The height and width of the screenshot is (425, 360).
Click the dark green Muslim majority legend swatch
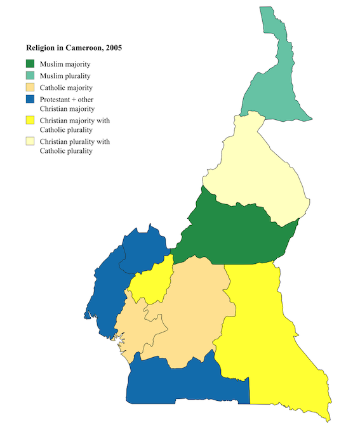point(30,63)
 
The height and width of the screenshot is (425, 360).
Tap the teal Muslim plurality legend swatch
point(30,75)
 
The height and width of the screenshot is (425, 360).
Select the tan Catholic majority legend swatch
point(30,88)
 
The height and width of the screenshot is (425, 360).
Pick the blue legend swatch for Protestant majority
point(30,100)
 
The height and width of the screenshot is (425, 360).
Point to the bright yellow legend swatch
point(30,120)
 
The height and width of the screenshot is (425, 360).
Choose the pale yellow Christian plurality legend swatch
point(30,141)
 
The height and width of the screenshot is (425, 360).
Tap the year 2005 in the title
point(114,48)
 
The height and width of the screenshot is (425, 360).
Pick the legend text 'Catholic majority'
point(67,88)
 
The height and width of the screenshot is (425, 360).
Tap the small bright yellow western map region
point(152,282)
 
